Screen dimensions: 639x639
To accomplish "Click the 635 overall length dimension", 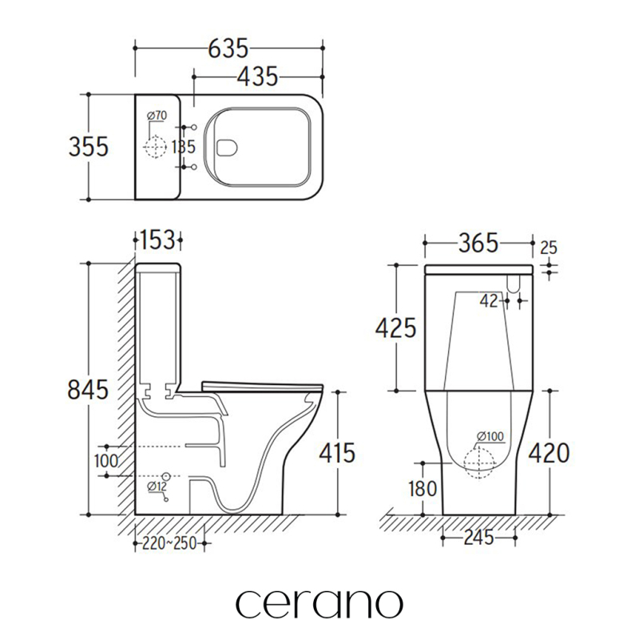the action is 228,49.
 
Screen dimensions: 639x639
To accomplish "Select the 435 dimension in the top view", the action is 257,77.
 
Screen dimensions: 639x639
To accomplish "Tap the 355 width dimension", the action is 89,147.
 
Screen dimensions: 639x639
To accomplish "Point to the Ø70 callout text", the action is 157,116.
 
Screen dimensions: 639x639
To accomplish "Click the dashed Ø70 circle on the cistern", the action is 155,146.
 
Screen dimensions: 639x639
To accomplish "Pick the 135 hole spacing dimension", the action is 184,147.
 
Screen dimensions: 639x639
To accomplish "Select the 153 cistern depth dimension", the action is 157,240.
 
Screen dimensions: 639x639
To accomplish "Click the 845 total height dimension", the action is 88,390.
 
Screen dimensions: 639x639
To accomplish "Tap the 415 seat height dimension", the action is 337,453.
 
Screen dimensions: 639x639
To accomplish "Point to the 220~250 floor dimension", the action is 169,543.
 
